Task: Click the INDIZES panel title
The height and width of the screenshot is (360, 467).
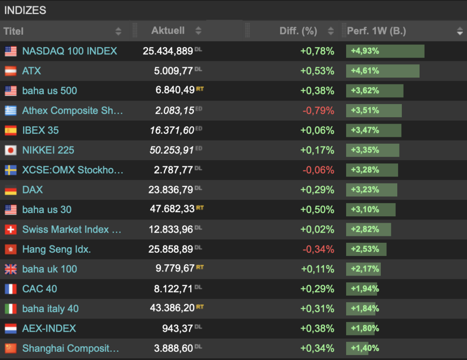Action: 25,10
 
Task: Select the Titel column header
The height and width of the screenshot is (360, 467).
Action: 14,31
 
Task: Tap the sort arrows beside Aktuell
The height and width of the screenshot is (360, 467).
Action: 198,31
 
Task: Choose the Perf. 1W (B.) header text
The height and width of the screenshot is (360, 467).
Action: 376,31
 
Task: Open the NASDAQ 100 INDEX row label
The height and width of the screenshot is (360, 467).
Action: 69,51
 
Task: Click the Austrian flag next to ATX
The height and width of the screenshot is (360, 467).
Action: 10,71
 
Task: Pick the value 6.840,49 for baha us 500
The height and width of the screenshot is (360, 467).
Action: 175,91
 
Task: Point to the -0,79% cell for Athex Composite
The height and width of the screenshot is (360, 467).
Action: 318,110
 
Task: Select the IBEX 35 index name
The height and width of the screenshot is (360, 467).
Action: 40,130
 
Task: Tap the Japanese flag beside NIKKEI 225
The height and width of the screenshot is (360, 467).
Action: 10,150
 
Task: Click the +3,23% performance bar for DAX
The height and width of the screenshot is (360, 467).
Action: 371,190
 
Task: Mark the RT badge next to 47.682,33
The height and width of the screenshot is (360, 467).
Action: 200,208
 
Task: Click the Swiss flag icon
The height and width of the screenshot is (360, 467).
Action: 10,230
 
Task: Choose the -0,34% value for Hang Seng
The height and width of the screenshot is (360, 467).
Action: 318,250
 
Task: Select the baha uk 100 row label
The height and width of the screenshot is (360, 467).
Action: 49,269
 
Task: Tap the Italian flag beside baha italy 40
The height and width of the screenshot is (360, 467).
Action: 10,309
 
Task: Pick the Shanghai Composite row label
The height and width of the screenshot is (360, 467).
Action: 70,349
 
